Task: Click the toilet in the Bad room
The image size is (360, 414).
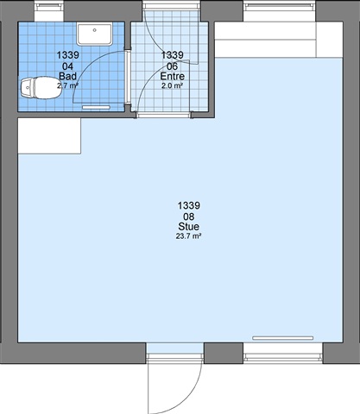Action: point(39,87)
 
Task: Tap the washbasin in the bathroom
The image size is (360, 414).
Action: point(95,34)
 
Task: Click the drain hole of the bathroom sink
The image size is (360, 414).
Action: point(95,30)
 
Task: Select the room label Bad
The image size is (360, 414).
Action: point(68,76)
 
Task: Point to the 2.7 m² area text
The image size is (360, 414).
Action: point(68,85)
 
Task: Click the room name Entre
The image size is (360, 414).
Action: point(173,76)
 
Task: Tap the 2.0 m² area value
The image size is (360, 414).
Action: point(173,85)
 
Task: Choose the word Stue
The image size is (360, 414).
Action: point(189,227)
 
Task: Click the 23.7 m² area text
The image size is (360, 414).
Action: point(188,236)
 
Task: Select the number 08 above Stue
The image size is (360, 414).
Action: point(189,216)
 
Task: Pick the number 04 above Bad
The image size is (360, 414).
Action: point(68,66)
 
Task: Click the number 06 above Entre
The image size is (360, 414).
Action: point(173,66)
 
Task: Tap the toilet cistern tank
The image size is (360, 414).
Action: point(27,87)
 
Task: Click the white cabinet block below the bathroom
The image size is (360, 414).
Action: point(49,136)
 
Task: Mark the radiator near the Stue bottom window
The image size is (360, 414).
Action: point(283,338)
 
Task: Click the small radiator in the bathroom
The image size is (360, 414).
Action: point(96,107)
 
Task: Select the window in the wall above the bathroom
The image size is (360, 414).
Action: point(49,10)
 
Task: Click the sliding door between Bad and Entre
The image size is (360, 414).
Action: point(127,77)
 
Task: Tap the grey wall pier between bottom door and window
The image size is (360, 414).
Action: point(224,354)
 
